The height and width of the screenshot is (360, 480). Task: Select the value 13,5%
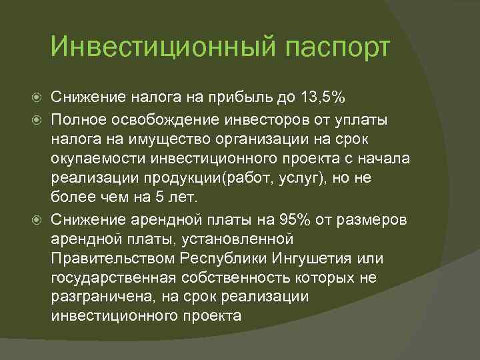tap(321, 99)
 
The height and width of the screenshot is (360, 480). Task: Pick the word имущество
tap(146, 138)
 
